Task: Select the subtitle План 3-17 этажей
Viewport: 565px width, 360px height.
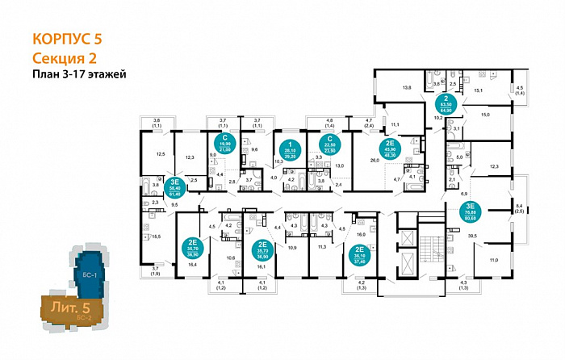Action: [80, 73]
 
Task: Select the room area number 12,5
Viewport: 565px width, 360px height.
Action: [160, 153]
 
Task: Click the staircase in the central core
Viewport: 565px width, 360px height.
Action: [433, 244]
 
